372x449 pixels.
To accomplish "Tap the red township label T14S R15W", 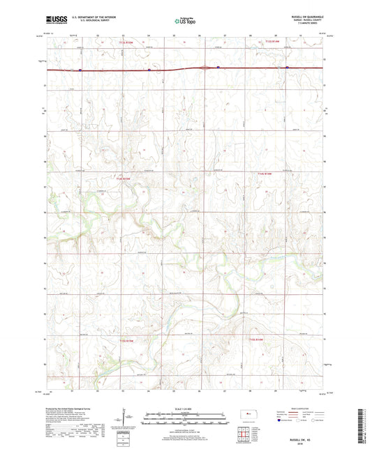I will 123,179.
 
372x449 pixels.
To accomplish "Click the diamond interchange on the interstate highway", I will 203,68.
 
